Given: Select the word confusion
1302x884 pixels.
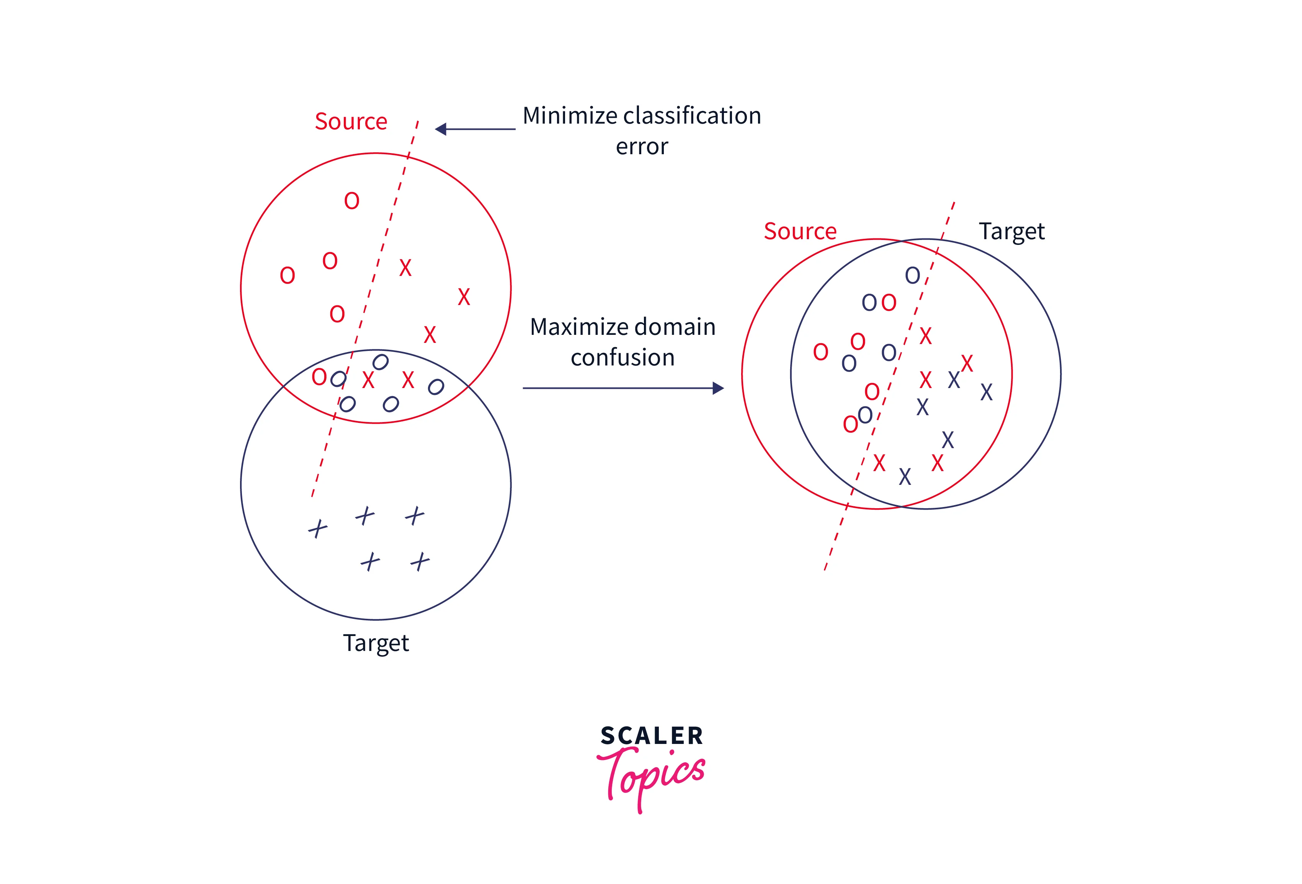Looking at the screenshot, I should click(x=622, y=358).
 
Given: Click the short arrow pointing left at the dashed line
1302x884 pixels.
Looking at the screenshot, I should click(x=475, y=129).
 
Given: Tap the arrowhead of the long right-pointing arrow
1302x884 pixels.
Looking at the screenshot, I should click(x=718, y=388).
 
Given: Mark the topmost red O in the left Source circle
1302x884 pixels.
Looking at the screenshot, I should click(x=351, y=201).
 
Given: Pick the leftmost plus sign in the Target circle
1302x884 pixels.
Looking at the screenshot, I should click(x=318, y=528).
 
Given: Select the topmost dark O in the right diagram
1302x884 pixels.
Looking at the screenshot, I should click(x=912, y=275).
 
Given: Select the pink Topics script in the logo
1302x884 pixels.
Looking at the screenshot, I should click(x=653, y=776).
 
